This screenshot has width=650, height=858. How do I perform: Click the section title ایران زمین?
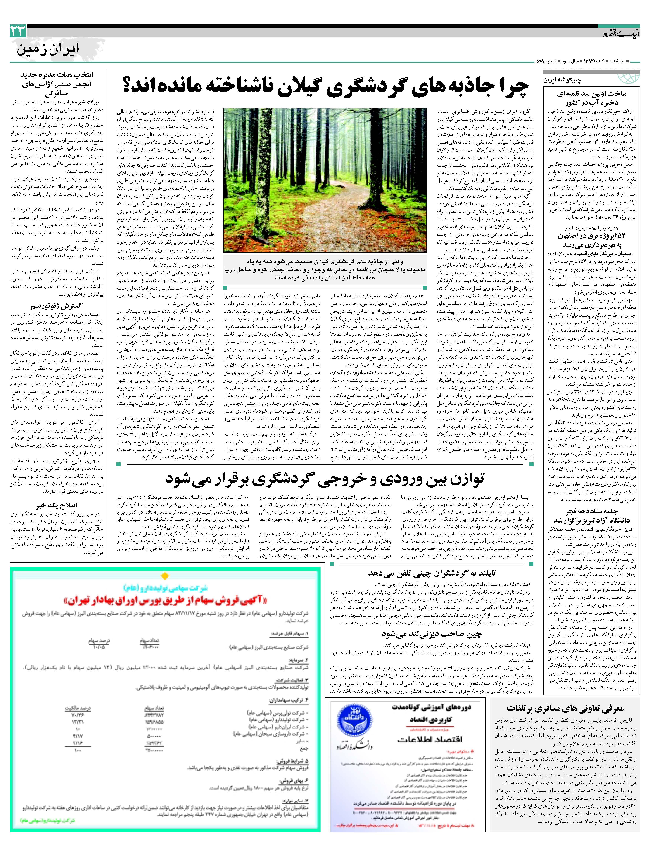point(48,49)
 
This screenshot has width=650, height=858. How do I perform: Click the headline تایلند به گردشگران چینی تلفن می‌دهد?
point(432,573)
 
